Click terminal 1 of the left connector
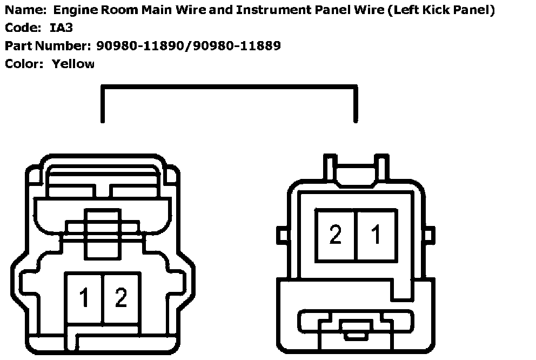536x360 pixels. (84, 298)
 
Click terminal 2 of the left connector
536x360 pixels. (121, 298)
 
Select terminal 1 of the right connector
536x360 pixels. (376, 235)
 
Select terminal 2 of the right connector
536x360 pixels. (336, 235)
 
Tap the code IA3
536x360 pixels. (61, 28)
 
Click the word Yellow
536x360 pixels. (73, 64)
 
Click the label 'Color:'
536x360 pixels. (24, 64)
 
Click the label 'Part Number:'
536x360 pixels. (48, 45)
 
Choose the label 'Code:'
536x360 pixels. (23, 28)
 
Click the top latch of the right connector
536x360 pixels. (356, 168)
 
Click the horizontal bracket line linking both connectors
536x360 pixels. (229, 86)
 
